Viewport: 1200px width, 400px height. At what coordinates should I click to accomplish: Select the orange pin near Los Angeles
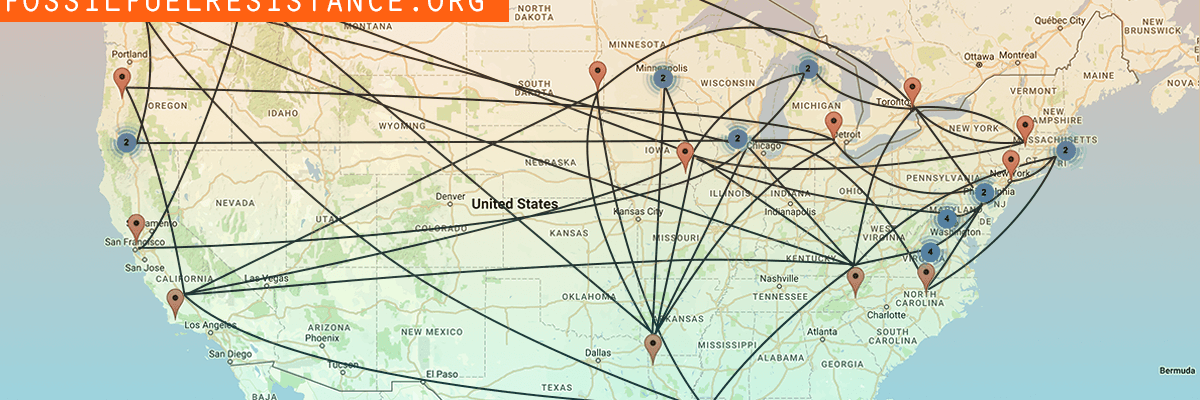(176, 301)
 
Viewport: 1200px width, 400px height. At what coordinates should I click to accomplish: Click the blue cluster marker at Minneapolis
(662, 78)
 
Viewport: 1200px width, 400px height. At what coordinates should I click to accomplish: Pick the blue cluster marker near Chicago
(737, 139)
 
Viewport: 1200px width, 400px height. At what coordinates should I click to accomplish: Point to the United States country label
(514, 204)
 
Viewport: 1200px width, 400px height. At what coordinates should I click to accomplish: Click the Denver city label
(451, 195)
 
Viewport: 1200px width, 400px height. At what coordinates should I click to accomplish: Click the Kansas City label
(639, 212)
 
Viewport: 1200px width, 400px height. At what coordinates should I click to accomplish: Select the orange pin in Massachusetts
(1024, 128)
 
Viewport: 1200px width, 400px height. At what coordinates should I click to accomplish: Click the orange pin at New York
(1011, 163)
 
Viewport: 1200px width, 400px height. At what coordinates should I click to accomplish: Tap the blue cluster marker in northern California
(126, 143)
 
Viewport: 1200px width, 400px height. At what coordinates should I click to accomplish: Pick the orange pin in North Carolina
(927, 274)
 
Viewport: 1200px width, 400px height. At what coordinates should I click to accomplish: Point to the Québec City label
(1060, 20)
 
